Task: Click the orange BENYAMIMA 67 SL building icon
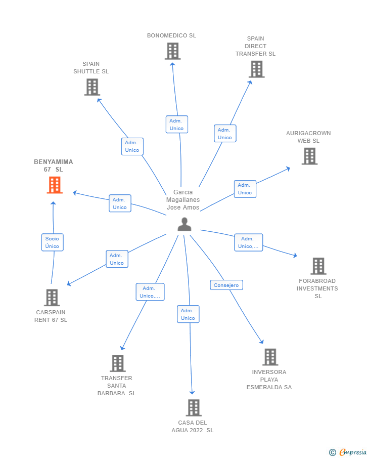(55, 185)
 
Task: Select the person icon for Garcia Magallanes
(185, 224)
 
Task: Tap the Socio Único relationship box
(53, 242)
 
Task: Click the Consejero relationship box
(226, 285)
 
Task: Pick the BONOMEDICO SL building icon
(173, 51)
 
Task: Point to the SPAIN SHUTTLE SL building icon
(92, 87)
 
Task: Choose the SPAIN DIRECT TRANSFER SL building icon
(257, 69)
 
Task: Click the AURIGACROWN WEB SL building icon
(310, 156)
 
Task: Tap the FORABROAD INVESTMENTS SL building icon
(318, 266)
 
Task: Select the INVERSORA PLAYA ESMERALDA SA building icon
(270, 357)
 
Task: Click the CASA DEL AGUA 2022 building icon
(194, 408)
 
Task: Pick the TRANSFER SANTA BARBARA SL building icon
(118, 363)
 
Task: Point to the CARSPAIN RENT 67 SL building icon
(52, 298)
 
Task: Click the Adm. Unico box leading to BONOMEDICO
(177, 124)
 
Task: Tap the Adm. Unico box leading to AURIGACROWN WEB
(245, 189)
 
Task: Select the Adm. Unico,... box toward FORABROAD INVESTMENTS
(249, 242)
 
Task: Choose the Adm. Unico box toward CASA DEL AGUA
(188, 314)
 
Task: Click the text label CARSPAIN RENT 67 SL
(51, 316)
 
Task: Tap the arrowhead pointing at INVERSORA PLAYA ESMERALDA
(262, 342)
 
